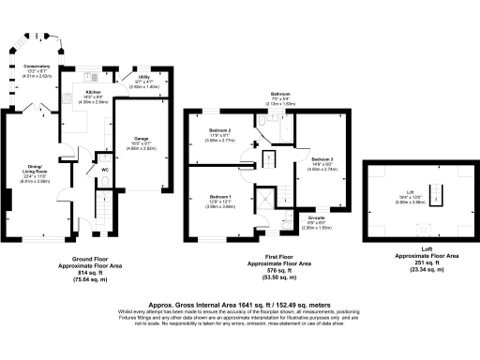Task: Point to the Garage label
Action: (x=136, y=140)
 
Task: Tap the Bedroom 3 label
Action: (x=322, y=159)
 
